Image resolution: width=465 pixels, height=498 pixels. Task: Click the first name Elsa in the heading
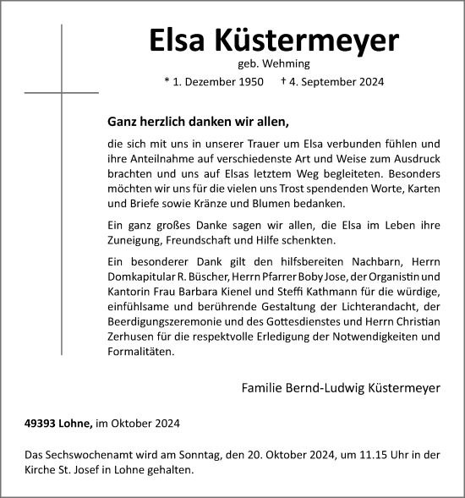point(177,40)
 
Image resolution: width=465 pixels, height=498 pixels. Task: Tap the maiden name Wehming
point(287,63)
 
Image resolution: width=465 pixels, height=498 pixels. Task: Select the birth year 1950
point(250,82)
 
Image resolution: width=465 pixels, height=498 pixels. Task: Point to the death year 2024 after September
point(369,82)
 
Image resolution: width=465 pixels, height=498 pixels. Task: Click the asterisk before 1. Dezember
point(167,81)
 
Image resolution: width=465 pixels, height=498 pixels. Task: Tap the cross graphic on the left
point(62,90)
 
